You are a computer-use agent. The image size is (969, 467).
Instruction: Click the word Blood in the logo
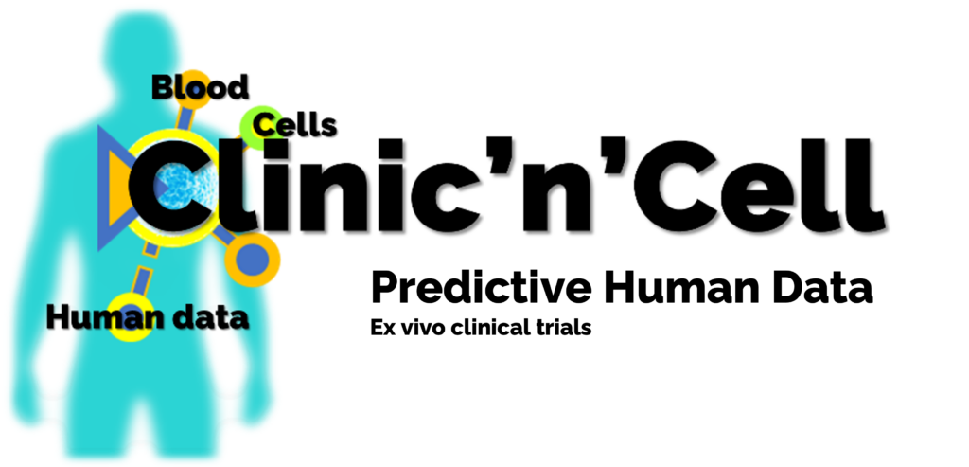pyautogui.click(x=201, y=87)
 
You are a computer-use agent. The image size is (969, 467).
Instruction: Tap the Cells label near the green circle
pyautogui.click(x=295, y=125)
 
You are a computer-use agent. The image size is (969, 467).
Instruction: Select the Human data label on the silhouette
pyautogui.click(x=148, y=318)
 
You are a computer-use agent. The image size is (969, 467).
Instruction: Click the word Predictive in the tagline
pyautogui.click(x=482, y=289)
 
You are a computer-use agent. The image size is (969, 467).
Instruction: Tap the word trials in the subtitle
pyautogui.click(x=564, y=327)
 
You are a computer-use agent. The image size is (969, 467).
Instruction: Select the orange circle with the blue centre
pyautogui.click(x=252, y=260)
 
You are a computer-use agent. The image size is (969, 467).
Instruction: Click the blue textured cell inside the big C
pyautogui.click(x=185, y=184)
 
